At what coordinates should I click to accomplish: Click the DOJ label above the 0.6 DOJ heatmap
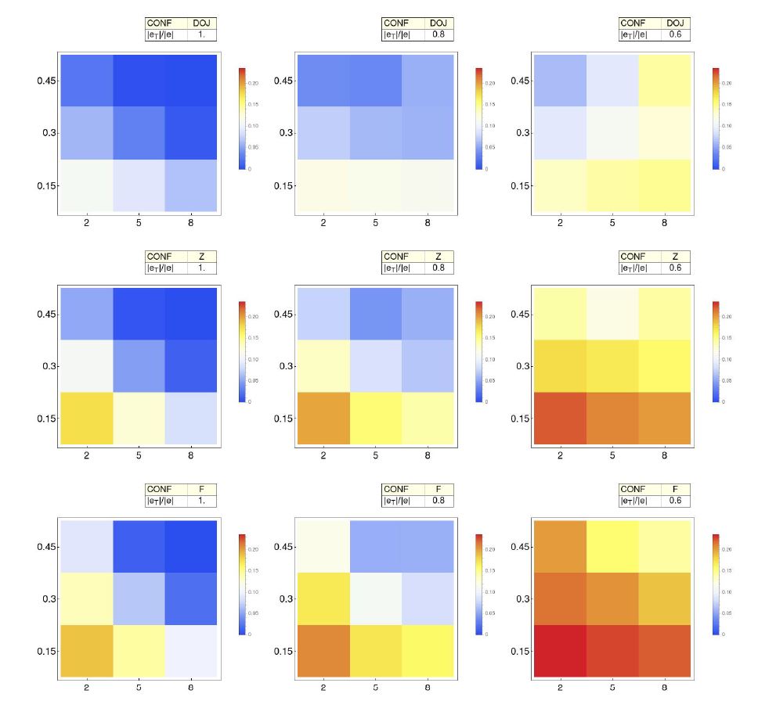click(x=675, y=23)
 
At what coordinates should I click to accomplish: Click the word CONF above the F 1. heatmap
click(x=161, y=489)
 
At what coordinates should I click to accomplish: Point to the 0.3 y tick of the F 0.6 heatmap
click(x=518, y=599)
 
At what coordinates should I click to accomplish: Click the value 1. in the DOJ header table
click(x=201, y=35)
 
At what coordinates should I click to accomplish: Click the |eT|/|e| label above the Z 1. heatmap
click(x=161, y=268)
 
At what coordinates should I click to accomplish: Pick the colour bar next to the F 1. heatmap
click(x=243, y=584)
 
